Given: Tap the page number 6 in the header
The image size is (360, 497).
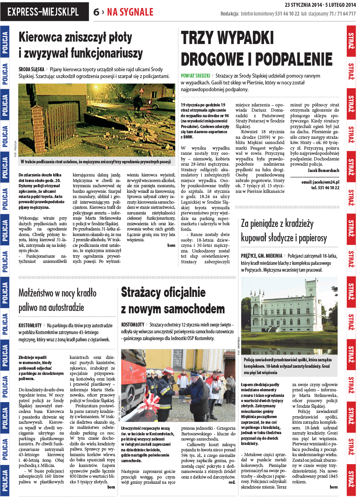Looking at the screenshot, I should click(x=96, y=12).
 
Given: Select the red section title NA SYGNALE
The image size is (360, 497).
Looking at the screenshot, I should click(x=130, y=12).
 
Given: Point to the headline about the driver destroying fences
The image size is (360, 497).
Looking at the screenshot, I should click(x=81, y=45).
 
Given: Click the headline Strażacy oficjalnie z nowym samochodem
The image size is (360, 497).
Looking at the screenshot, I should click(x=173, y=301).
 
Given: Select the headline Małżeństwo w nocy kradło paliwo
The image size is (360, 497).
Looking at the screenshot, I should click(x=58, y=300).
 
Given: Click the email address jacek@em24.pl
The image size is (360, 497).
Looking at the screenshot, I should click(x=320, y=182).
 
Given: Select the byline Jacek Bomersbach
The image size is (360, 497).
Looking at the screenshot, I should click(x=323, y=170).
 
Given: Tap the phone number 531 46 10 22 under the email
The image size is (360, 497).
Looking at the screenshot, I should click(x=325, y=188).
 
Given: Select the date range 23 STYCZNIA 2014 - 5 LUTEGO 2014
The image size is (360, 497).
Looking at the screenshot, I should click(x=320, y=5).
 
